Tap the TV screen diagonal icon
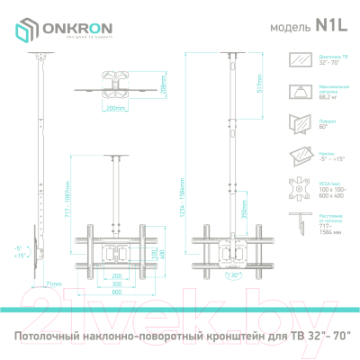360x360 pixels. pyautogui.click(x=295, y=61)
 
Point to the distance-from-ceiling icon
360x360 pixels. pyautogui.click(x=295, y=225)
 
